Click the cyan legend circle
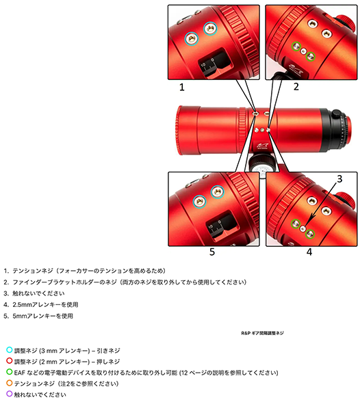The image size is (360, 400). pyautogui.click(x=10, y=350)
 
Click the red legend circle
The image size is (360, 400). pyautogui.click(x=10, y=361)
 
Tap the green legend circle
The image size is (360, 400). pyautogui.click(x=10, y=372)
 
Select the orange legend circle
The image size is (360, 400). pyautogui.click(x=10, y=383)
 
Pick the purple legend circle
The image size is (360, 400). pyautogui.click(x=10, y=394)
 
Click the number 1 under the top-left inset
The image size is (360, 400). pyautogui.click(x=182, y=88)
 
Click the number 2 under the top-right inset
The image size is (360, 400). pyautogui.click(x=296, y=87)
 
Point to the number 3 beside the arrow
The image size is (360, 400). pyautogui.click(x=339, y=179)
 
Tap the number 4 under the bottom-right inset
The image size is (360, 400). pyautogui.click(x=309, y=252)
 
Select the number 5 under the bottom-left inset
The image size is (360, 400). pyautogui.click(x=212, y=252)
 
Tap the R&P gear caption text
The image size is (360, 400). pyautogui.click(x=262, y=333)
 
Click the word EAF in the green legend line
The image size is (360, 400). pyautogui.click(x=19, y=373)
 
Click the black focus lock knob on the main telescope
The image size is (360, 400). pyautogui.click(x=336, y=114)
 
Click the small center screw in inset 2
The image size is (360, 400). pyautogui.click(x=304, y=51)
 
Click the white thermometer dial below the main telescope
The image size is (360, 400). pyautogui.click(x=264, y=170)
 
